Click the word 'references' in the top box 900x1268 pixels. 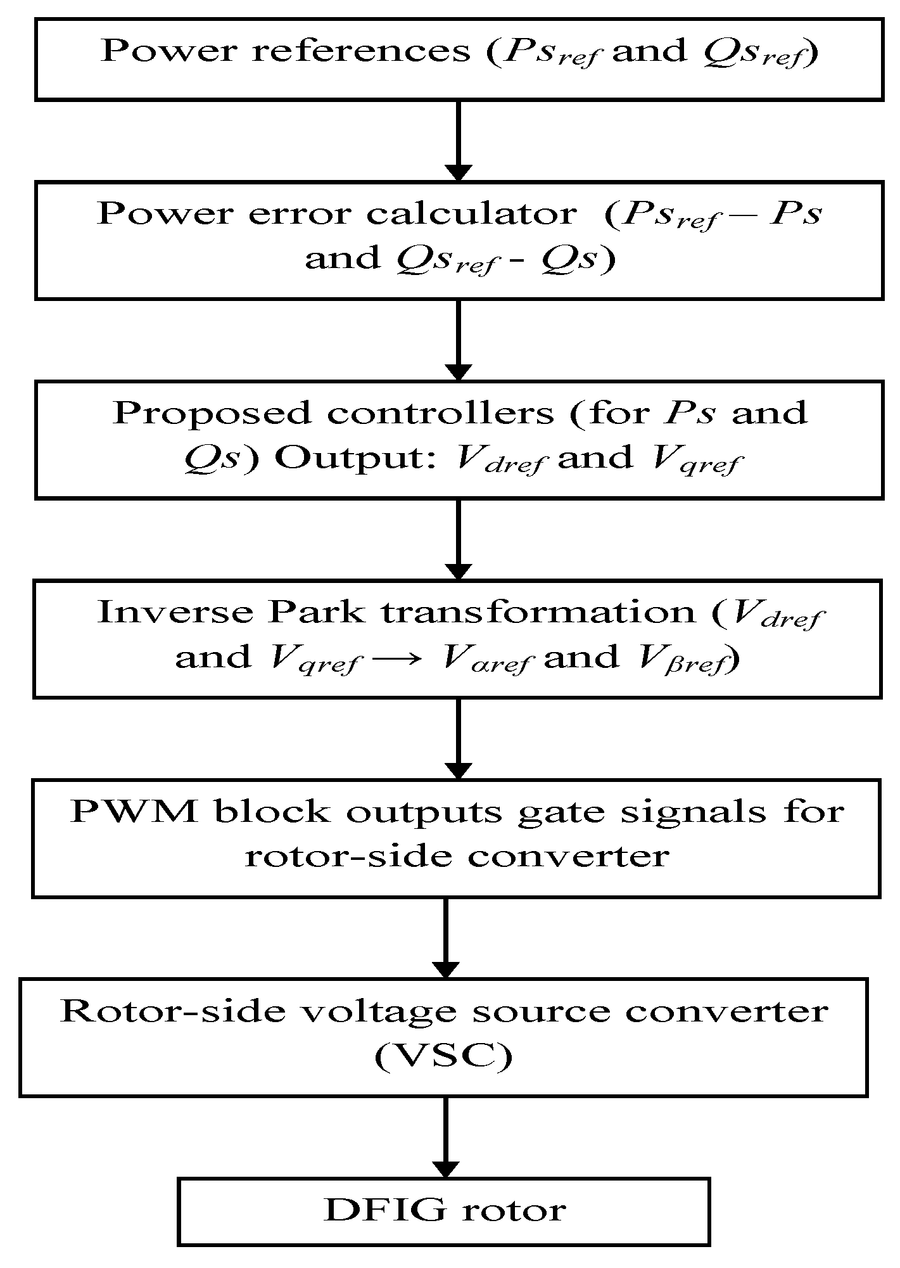point(362,51)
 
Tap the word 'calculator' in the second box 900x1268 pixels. point(471,214)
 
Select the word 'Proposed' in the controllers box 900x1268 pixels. point(213,413)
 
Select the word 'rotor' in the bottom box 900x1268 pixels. point(514,1212)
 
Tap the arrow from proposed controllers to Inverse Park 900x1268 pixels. point(459,539)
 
